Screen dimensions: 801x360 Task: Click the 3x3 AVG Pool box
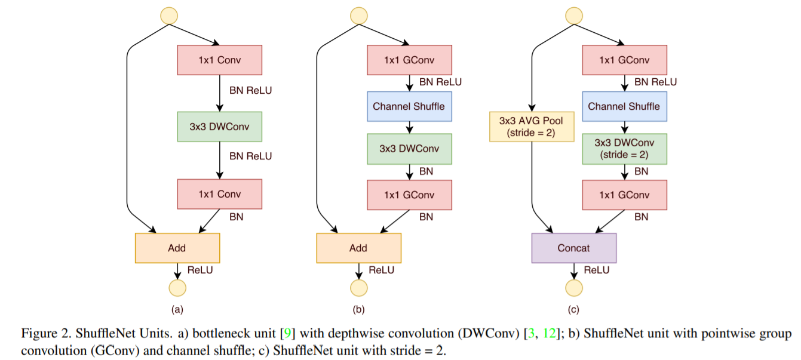point(532,127)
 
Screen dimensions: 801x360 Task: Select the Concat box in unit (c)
point(574,248)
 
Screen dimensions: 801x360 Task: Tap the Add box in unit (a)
point(177,248)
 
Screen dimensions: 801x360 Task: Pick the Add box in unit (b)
point(358,248)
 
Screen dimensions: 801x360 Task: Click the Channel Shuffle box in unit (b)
point(409,106)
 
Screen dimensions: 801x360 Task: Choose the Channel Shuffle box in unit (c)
point(624,106)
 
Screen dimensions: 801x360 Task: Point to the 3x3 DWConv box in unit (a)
point(220,127)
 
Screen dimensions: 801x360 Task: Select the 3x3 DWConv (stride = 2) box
point(624,149)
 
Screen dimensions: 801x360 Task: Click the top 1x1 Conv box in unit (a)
point(220,60)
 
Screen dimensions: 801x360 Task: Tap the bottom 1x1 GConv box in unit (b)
point(409,195)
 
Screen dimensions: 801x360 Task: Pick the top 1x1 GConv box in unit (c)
point(624,60)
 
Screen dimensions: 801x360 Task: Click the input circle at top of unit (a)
point(169,16)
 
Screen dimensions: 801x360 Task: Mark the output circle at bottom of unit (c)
point(574,288)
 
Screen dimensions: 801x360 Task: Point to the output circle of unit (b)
point(358,288)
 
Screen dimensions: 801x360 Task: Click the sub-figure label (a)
point(177,309)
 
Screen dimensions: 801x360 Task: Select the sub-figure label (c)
point(573,309)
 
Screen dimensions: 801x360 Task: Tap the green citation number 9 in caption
point(287,333)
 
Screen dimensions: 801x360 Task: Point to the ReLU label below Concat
point(597,270)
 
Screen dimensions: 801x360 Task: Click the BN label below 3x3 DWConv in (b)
point(426,171)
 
